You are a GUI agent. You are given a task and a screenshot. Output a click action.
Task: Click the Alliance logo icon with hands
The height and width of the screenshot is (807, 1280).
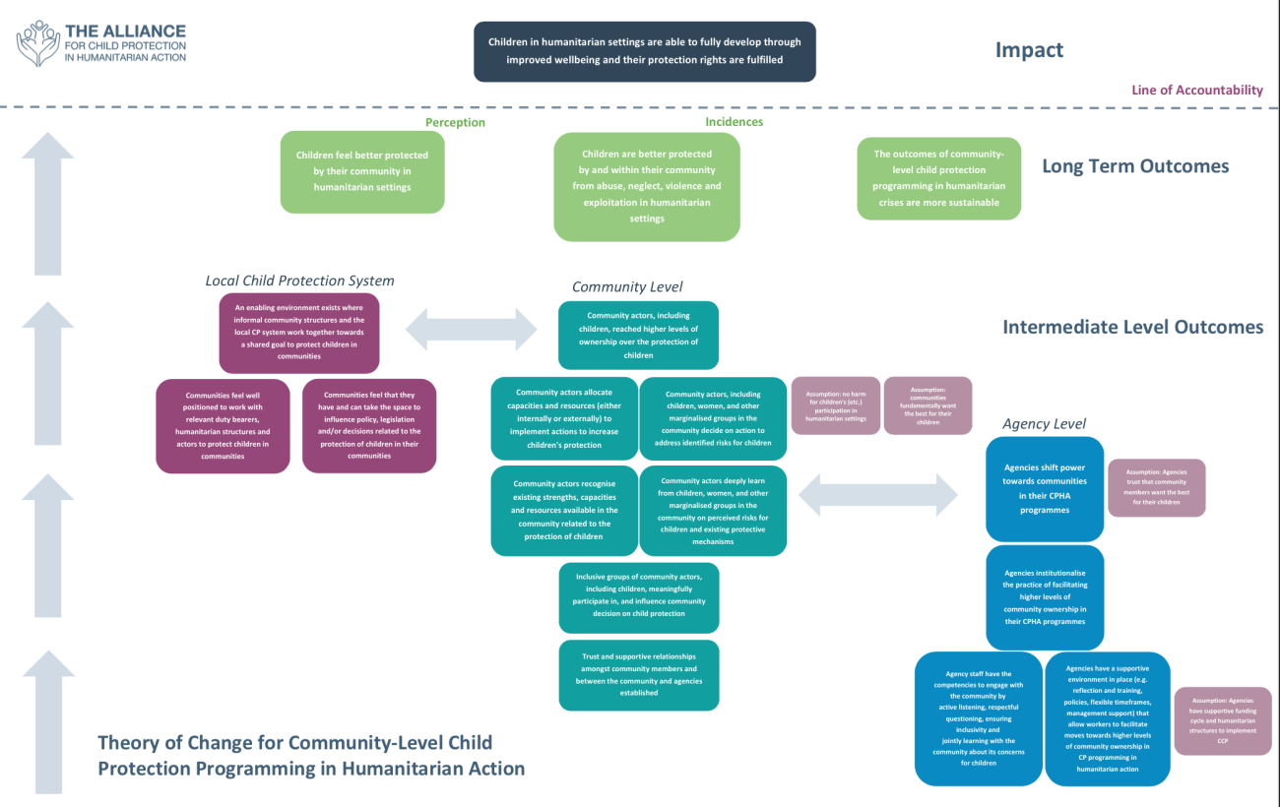click(x=37, y=43)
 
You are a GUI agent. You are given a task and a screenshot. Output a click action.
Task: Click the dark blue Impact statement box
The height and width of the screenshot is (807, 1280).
click(x=644, y=51)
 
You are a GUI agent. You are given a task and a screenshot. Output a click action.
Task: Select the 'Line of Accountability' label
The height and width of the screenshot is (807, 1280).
click(x=1196, y=90)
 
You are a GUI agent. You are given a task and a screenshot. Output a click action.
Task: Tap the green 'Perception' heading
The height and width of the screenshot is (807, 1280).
click(x=455, y=123)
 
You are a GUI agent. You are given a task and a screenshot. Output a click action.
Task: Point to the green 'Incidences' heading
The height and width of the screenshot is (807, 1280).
click(x=734, y=122)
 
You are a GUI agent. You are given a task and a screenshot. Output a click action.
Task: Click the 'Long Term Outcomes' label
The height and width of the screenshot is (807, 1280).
click(x=1135, y=166)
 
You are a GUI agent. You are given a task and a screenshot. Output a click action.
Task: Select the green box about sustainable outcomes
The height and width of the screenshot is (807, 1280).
click(x=938, y=178)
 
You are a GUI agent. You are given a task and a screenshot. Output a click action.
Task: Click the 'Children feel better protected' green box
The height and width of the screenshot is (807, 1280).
click(x=362, y=171)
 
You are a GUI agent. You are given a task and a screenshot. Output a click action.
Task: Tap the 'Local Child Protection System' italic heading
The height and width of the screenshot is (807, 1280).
click(x=299, y=280)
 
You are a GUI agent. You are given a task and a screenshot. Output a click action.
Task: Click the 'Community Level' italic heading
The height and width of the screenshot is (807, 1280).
click(x=627, y=286)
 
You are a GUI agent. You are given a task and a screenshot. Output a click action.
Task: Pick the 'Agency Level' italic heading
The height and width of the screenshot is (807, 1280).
click(x=1044, y=423)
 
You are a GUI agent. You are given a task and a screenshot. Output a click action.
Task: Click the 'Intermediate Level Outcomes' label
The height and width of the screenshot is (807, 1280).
click(x=1132, y=327)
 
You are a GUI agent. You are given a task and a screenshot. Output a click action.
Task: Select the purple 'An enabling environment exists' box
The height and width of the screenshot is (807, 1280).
click(x=299, y=332)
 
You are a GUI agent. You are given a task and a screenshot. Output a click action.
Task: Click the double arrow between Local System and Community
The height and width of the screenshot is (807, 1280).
click(x=470, y=329)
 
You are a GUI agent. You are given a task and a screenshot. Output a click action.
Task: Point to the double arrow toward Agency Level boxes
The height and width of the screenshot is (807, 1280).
click(x=879, y=493)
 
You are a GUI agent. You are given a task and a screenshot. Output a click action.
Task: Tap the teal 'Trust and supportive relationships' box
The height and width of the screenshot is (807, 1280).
click(x=638, y=675)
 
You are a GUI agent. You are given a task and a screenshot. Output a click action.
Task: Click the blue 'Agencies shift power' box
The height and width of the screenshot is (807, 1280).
click(x=1045, y=488)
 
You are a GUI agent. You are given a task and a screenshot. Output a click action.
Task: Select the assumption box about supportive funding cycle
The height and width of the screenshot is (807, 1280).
click(x=1222, y=720)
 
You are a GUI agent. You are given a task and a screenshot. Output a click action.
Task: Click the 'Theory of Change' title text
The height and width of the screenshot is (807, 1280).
click(x=310, y=755)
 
